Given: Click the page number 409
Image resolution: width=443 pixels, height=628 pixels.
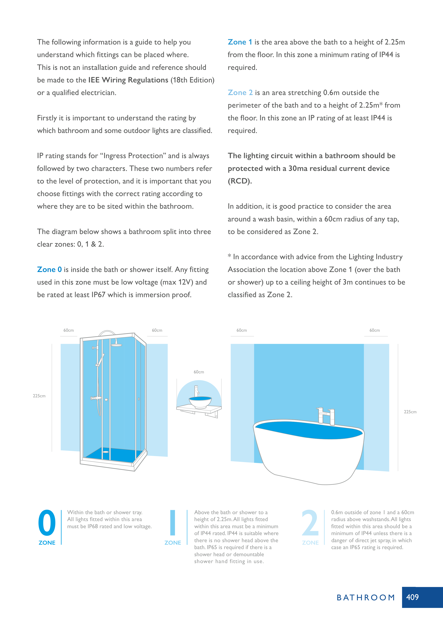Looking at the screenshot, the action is [412, 597].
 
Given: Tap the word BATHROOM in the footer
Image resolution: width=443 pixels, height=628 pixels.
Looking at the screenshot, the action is [366, 598].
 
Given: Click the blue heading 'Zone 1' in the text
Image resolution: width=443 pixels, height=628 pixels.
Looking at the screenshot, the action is [240, 42].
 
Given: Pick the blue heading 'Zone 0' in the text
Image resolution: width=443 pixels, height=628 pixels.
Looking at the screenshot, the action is [49, 270].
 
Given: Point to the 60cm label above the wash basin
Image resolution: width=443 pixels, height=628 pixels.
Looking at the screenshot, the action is [199, 372].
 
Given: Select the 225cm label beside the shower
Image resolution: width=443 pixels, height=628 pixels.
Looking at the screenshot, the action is [39, 396].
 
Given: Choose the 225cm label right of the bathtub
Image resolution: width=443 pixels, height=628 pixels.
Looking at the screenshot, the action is [410, 412].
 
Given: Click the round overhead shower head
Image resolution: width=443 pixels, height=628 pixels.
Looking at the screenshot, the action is [116, 345].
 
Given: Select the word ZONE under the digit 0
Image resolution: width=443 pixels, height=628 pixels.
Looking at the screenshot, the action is [47, 543].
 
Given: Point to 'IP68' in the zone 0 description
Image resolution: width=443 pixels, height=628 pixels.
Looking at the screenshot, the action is [93, 527].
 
